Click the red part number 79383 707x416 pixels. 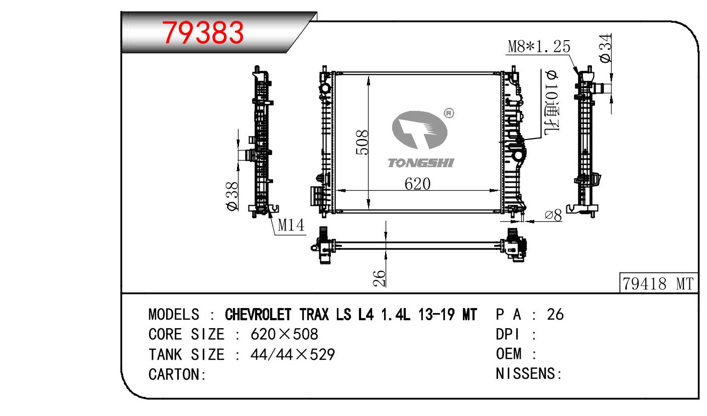[203, 33]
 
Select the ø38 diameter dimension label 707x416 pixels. [232, 196]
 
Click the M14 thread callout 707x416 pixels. [291, 225]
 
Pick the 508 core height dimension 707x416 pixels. [362, 142]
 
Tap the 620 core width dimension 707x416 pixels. [417, 184]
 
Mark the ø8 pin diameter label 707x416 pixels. [553, 215]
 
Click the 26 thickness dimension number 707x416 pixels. [380, 279]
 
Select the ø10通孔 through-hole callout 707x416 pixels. [551, 102]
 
